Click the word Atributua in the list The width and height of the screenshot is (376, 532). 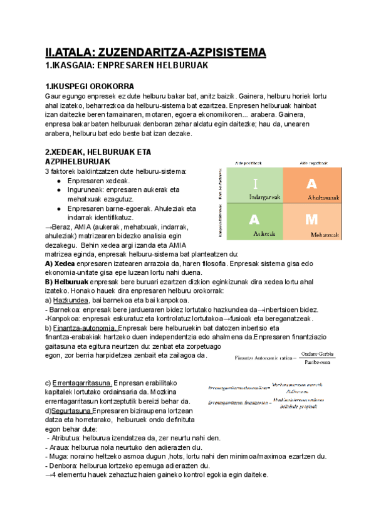click(66, 438)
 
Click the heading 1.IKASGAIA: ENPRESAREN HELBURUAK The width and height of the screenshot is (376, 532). click(122, 65)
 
